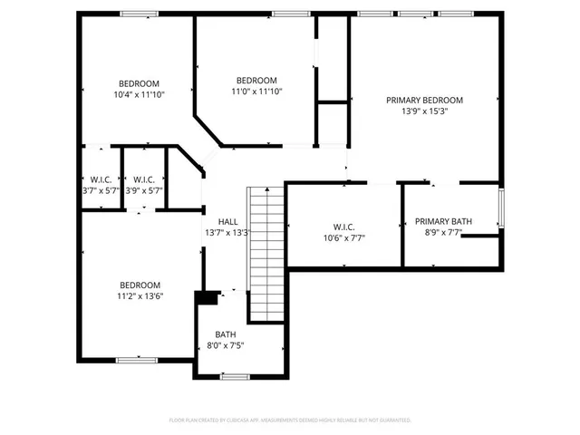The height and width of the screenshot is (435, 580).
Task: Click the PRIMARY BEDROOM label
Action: coord(424,100)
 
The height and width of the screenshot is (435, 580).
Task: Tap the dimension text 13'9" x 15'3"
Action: coord(424,111)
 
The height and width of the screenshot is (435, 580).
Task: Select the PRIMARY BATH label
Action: coord(444,221)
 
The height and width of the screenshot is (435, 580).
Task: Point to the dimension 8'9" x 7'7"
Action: coord(444,233)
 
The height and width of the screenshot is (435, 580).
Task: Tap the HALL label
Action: coord(227,221)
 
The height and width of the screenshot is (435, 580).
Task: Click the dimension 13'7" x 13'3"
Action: coord(227,233)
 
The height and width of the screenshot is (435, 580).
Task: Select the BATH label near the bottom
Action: coord(225,334)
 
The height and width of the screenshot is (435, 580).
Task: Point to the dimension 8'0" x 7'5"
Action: coord(225,345)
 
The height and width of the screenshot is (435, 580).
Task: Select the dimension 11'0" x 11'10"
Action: coord(256,91)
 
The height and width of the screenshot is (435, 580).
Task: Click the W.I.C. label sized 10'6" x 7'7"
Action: coord(343,227)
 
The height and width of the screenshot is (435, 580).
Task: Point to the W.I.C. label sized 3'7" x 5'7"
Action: coord(100,179)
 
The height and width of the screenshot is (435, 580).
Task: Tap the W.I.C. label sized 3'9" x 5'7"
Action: coord(144,179)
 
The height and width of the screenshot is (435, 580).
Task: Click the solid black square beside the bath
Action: coord(207,297)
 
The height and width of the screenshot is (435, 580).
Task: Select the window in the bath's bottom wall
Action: coord(236,376)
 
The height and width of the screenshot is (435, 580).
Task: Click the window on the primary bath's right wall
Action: coord(499,208)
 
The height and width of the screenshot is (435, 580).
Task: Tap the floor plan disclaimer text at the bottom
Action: coord(290,420)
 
